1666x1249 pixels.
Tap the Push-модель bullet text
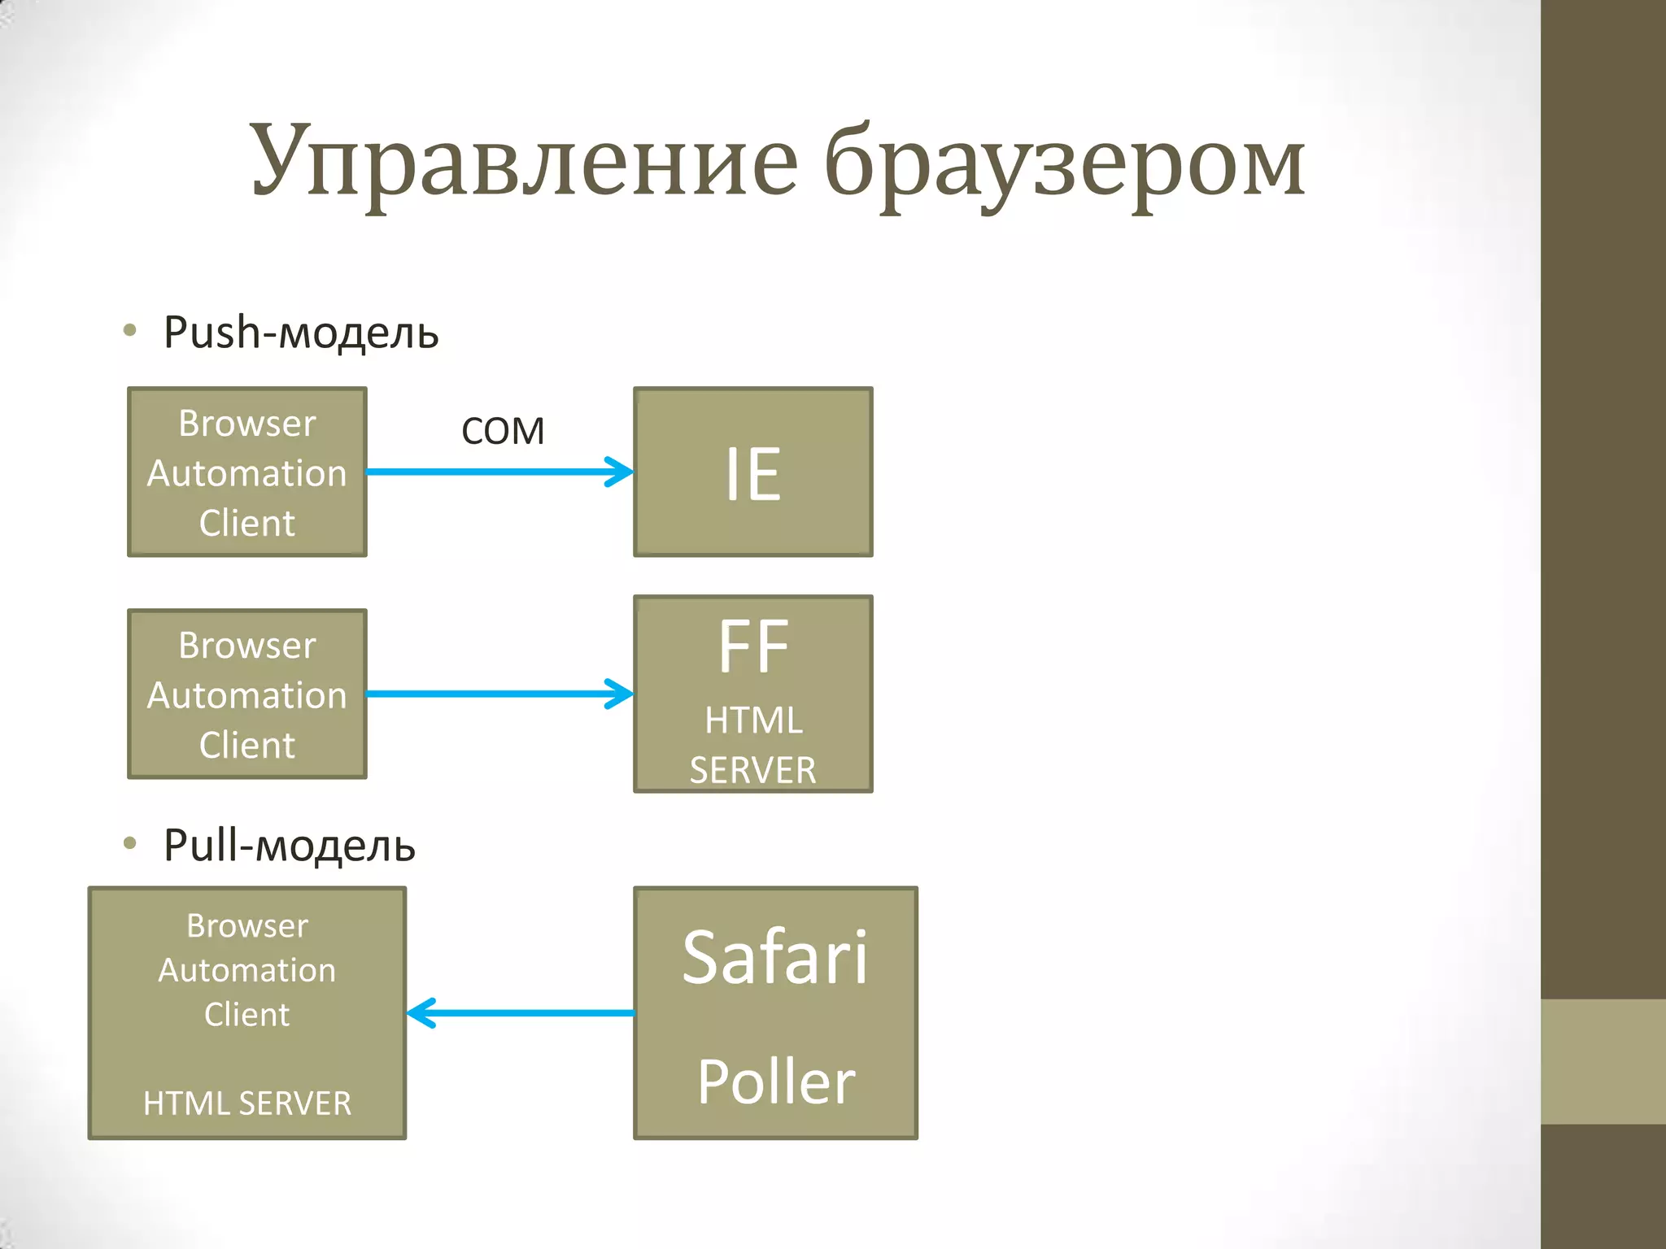tap(301, 333)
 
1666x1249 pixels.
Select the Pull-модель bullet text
tap(290, 846)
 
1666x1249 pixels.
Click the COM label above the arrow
tap(503, 431)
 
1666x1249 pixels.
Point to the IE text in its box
tap(752, 474)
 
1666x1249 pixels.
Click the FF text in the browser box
tap(752, 647)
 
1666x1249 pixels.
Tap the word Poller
tap(776, 1082)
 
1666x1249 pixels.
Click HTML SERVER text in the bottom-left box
tap(246, 1103)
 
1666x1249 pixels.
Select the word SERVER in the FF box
tap(752, 770)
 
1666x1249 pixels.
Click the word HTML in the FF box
tap(752, 720)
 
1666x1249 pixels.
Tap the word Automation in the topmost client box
tap(246, 473)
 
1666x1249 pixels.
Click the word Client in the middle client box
tap(246, 745)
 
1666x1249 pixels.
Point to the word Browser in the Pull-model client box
tap(246, 926)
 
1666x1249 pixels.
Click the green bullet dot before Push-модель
tap(129, 330)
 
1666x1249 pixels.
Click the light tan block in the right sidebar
tap(1603, 1061)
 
